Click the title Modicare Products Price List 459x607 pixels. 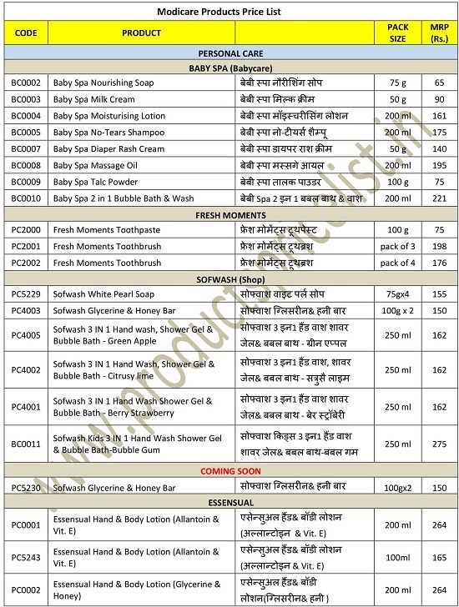click(219, 12)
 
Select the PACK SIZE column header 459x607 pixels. click(397, 33)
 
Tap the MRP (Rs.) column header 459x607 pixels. click(439, 33)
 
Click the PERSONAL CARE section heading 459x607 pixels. click(230, 52)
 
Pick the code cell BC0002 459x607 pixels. click(26, 83)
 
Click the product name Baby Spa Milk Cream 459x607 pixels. click(93, 99)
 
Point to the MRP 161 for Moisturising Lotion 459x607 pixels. click(439, 116)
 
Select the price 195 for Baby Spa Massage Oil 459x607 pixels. click(439, 165)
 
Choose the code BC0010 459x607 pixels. click(26, 198)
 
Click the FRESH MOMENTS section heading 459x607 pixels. click(230, 214)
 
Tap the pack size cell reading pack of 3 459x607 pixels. click(397, 246)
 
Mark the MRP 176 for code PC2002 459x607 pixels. click(439, 263)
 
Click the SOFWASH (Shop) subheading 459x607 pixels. click(230, 278)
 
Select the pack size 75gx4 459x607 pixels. click(397, 294)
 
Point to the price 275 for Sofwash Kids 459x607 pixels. click(439, 445)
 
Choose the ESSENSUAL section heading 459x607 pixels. click(230, 503)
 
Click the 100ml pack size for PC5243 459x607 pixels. click(397, 558)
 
